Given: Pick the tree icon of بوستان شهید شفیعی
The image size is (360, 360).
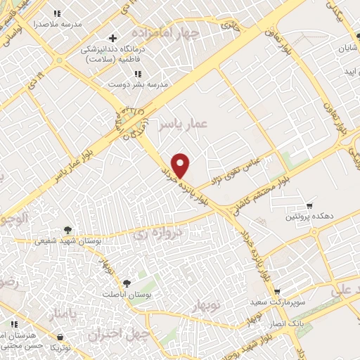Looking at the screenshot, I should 67,229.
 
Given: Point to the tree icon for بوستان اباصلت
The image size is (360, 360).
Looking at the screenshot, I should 127,283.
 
